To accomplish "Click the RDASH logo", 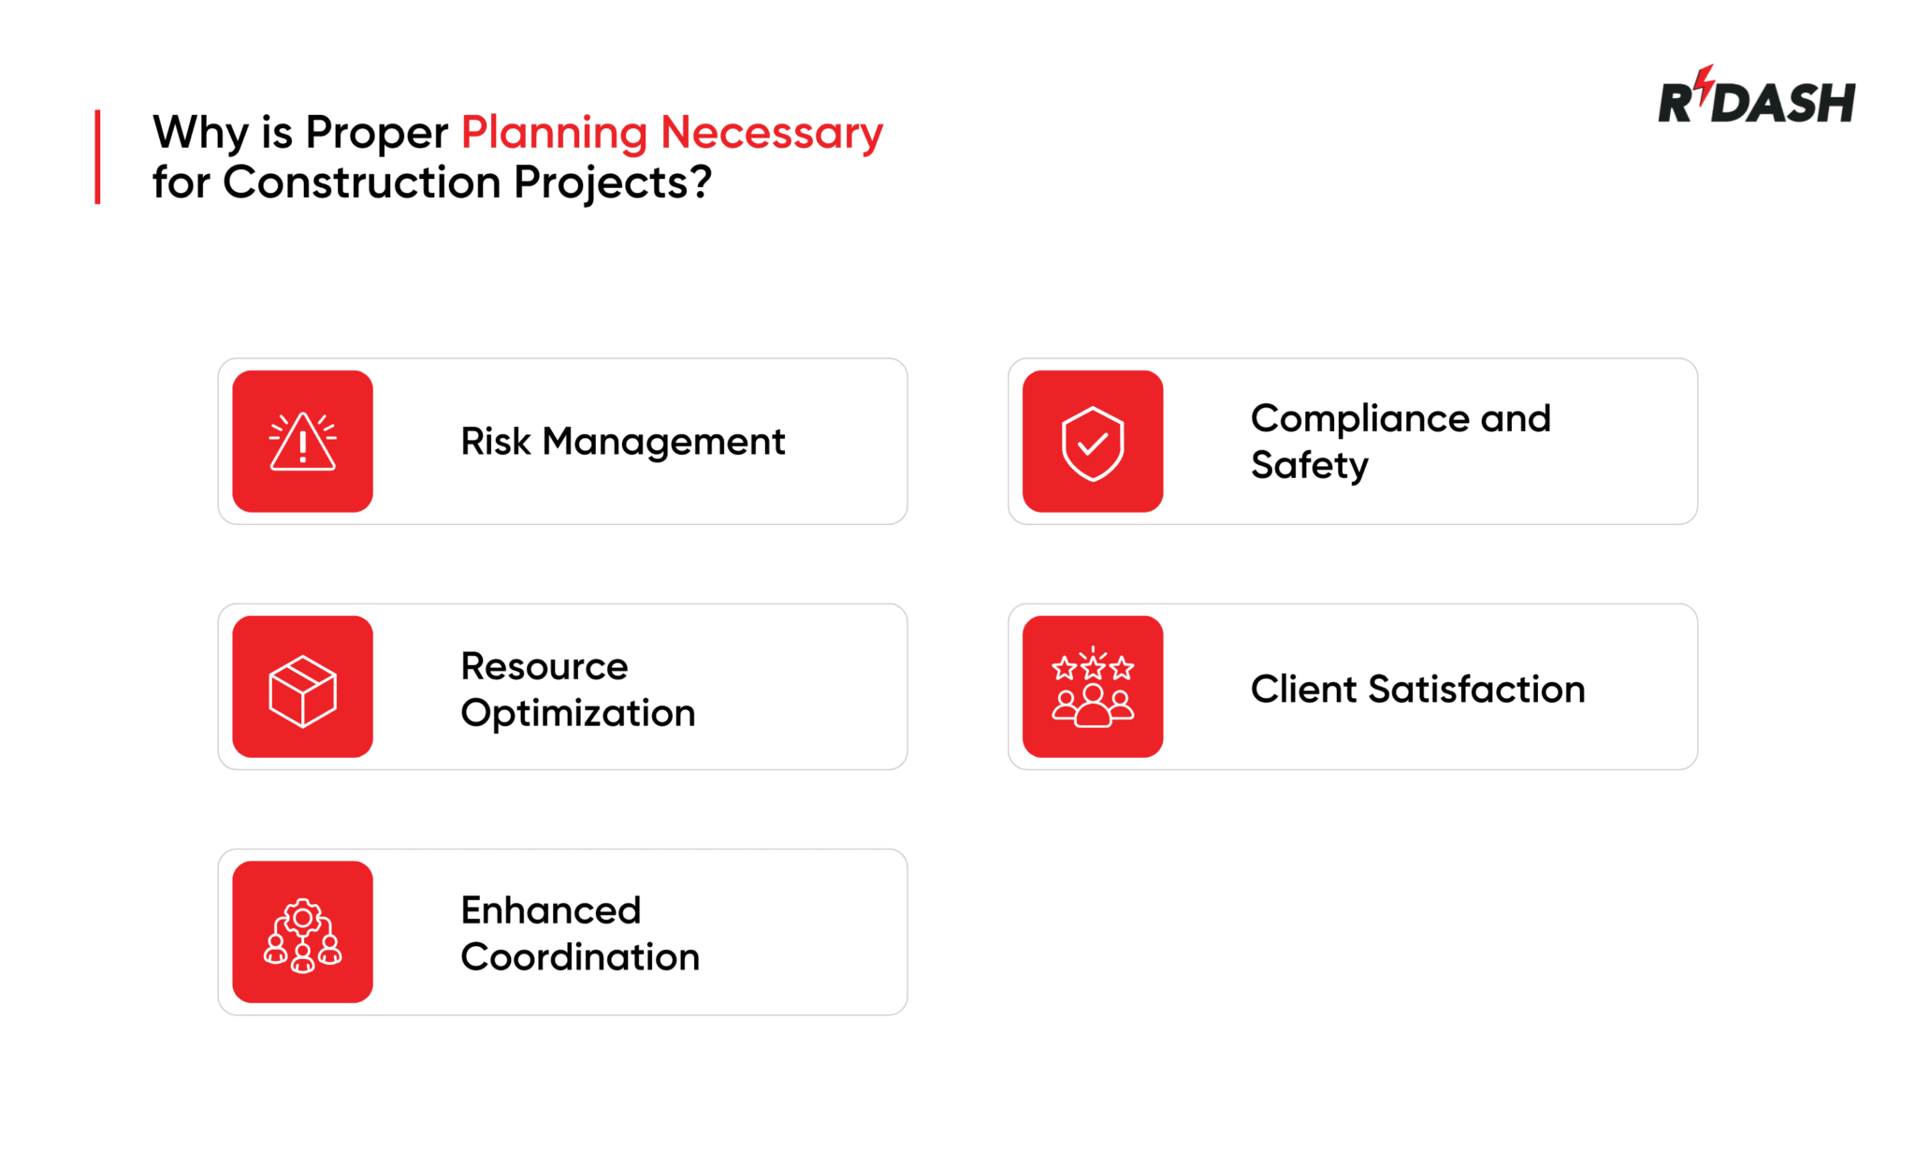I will [1756, 98].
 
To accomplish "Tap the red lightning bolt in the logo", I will [1705, 81].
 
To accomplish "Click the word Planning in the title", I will [554, 132].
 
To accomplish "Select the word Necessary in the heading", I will [771, 132].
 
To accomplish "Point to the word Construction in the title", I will [362, 182].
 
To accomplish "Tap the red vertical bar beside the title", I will [97, 156].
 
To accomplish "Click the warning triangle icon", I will [302, 442].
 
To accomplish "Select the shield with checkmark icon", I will [1092, 443].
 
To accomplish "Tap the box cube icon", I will [302, 691].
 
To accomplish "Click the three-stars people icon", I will [1092, 689].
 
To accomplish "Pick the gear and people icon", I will [302, 935].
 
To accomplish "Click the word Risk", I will [495, 442].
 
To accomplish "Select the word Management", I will [663, 442].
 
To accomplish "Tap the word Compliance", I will [1359, 419].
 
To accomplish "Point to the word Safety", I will [1309, 465].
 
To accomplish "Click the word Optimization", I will [577, 714].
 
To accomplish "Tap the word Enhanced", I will [550, 910].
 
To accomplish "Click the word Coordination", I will [579, 957].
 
